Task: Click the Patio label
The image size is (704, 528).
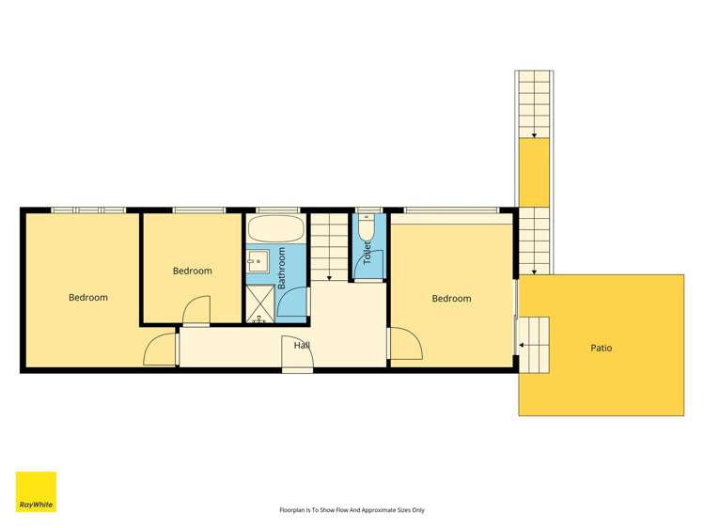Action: click(602, 348)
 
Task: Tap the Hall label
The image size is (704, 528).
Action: click(302, 346)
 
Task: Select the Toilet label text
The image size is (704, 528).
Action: click(368, 252)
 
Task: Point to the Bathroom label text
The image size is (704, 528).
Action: click(282, 268)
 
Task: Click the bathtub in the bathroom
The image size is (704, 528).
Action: click(276, 229)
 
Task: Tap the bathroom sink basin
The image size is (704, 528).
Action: click(258, 260)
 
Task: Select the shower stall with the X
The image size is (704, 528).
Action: click(260, 303)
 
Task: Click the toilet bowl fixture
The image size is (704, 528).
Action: click(367, 229)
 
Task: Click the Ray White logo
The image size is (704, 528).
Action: click(36, 491)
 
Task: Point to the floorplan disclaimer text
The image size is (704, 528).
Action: click(352, 510)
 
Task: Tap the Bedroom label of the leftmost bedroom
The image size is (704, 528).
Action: click(88, 298)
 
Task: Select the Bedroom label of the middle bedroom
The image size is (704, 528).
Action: click(192, 271)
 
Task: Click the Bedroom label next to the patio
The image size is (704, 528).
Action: click(452, 299)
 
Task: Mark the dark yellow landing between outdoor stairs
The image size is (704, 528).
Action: click(534, 173)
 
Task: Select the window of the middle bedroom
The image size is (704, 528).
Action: click(199, 210)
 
